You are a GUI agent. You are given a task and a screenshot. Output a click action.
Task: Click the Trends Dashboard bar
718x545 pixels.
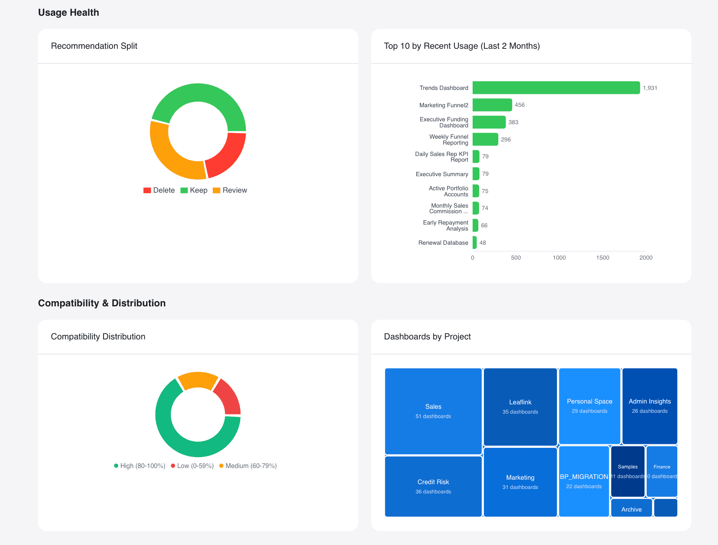pyautogui.click(x=556, y=88)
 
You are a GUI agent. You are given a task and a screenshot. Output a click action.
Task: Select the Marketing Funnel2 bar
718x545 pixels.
pyautogui.click(x=492, y=105)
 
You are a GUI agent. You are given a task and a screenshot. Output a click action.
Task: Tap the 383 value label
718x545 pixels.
pyautogui.click(x=513, y=122)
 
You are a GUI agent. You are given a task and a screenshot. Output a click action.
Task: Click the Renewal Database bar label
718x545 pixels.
pyautogui.click(x=443, y=243)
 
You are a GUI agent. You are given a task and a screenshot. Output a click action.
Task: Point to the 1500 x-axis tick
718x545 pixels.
pyautogui.click(x=602, y=258)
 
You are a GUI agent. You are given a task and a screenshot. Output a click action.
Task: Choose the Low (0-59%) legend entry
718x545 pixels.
pyautogui.click(x=192, y=466)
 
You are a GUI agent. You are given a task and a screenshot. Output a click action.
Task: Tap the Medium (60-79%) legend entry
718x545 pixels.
pyautogui.click(x=248, y=466)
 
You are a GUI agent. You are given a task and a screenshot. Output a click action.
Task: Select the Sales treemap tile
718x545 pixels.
pyautogui.click(x=433, y=411)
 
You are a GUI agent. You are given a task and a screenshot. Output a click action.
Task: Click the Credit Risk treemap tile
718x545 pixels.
pyautogui.click(x=433, y=486)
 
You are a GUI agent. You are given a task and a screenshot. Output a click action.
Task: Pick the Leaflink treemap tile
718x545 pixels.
pyautogui.click(x=520, y=406)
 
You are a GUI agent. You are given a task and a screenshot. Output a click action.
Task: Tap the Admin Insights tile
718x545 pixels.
pyautogui.click(x=650, y=406)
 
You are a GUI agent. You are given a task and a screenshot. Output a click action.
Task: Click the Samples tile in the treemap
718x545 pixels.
pyautogui.click(x=628, y=471)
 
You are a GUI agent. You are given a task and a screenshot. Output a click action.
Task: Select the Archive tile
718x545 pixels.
pyautogui.click(x=631, y=509)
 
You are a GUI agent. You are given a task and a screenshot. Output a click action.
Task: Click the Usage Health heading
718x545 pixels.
pyautogui.click(x=68, y=12)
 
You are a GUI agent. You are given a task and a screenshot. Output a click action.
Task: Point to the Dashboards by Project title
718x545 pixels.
pyautogui.click(x=427, y=337)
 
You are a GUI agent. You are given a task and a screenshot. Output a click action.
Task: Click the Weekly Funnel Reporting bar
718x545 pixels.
pyautogui.click(x=485, y=139)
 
